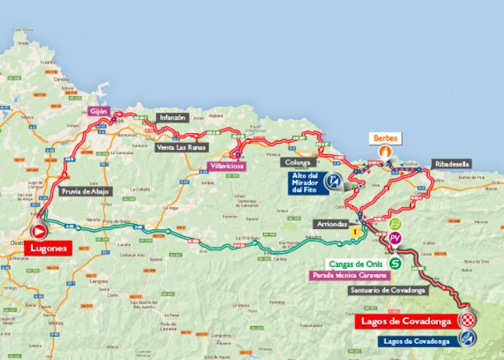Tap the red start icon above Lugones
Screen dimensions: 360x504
pos(40,231)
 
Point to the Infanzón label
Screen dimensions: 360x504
pos(173,118)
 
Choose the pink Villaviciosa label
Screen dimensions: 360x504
pos(226,166)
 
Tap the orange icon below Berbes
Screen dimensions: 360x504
pos(385,151)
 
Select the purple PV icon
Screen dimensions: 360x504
pos(395,237)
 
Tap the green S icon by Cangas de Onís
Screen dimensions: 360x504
pos(396,263)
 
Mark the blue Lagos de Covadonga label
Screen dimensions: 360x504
pos(418,341)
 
